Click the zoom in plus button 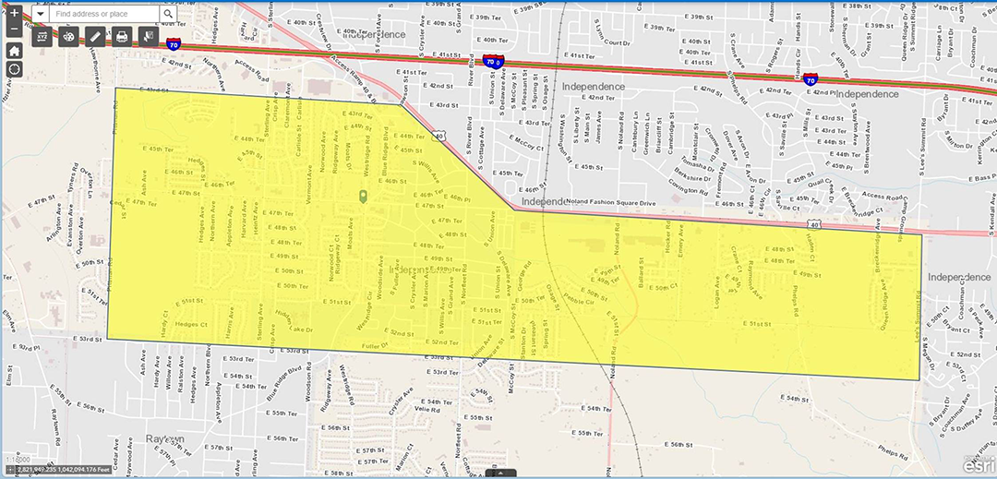click(x=15, y=13)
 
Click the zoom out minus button click(x=15, y=30)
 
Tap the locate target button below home click(x=15, y=69)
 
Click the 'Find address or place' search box click(x=103, y=14)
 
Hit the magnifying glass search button click(x=168, y=14)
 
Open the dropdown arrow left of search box click(x=41, y=14)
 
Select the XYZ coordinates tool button click(x=43, y=37)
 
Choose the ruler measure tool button click(x=95, y=37)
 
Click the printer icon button click(x=121, y=37)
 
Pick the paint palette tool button click(x=69, y=37)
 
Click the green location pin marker click(x=363, y=197)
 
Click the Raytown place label click(x=165, y=438)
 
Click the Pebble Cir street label click(x=578, y=300)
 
